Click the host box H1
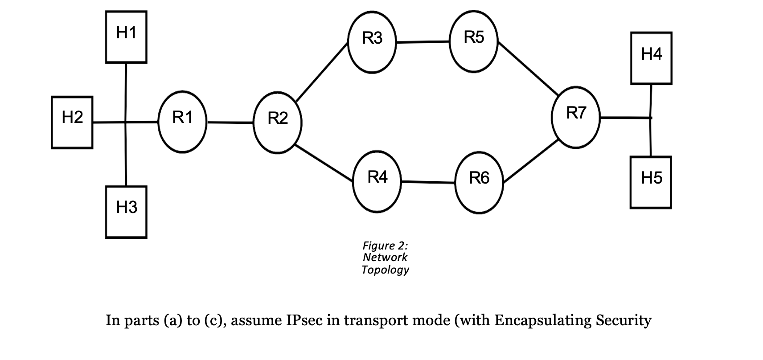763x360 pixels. coord(126,37)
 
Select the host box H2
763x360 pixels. coord(72,122)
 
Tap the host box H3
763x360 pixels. coord(126,212)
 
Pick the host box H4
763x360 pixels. coord(651,58)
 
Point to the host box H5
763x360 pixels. coord(651,182)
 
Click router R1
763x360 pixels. coord(183,122)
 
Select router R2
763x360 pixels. coord(278,123)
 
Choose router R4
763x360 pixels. coord(377,181)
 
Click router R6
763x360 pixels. coord(479,182)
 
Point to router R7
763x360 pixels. coord(575,118)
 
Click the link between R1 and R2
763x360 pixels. coord(230,122)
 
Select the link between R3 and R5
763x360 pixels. coord(423,42)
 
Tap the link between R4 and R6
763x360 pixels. coord(428,182)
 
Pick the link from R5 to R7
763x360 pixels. coord(529,69)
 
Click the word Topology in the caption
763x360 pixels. coord(385,270)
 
